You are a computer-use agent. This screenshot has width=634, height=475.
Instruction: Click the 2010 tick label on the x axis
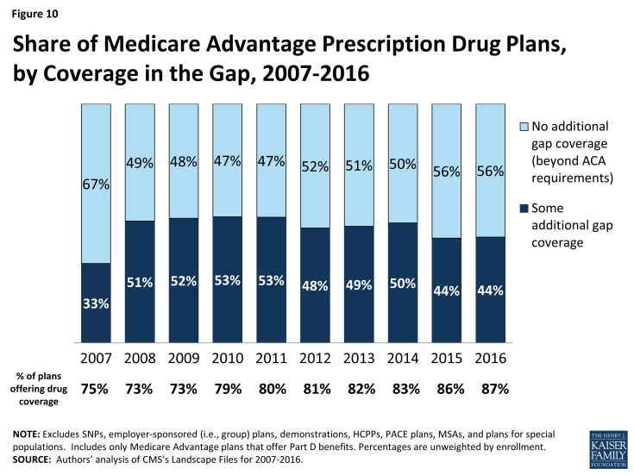click(x=227, y=357)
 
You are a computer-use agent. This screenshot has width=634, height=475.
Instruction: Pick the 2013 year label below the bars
click(x=358, y=357)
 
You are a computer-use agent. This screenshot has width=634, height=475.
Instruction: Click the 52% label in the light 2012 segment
click(x=314, y=168)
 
